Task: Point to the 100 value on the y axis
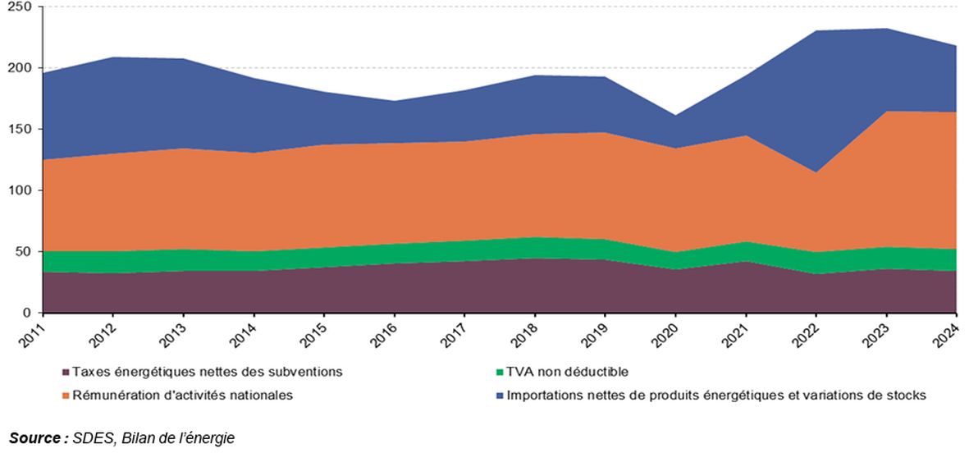pyautogui.click(x=18, y=190)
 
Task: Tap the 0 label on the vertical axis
pyautogui.click(x=26, y=313)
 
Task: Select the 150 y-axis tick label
pyautogui.click(x=18, y=130)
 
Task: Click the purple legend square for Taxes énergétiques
pyautogui.click(x=65, y=373)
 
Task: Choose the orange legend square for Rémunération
pyautogui.click(x=65, y=396)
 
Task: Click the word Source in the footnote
pyautogui.click(x=34, y=438)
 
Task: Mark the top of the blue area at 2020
pyautogui.click(x=674, y=115)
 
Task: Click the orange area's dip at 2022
pyautogui.click(x=815, y=172)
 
